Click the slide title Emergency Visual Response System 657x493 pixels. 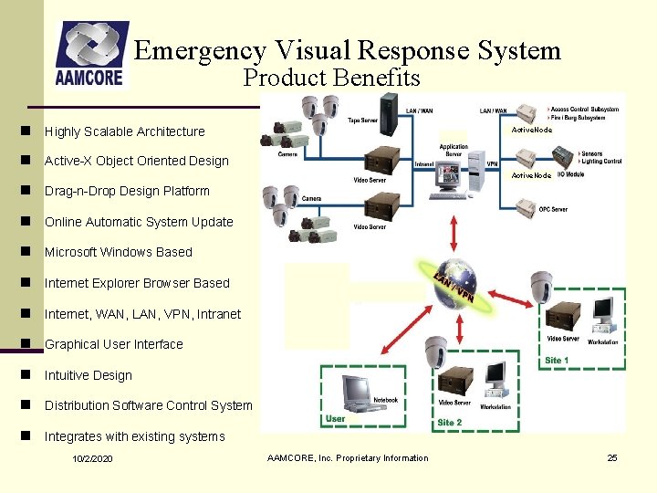pos(348,50)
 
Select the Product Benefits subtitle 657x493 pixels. pos(331,79)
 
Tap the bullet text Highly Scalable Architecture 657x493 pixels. pos(125,131)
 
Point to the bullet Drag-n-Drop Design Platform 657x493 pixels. pos(127,192)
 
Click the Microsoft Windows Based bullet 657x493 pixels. pos(119,253)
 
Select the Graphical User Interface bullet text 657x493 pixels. pos(114,345)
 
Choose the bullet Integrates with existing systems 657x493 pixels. pos(134,437)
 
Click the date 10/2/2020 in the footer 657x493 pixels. pos(93,458)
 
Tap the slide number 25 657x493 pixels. pos(612,457)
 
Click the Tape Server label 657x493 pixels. pos(363,119)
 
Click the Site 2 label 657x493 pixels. pos(450,423)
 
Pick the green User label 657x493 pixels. pos(335,420)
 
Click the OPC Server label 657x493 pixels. pos(553,209)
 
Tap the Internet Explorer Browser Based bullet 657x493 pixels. pos(137,284)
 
